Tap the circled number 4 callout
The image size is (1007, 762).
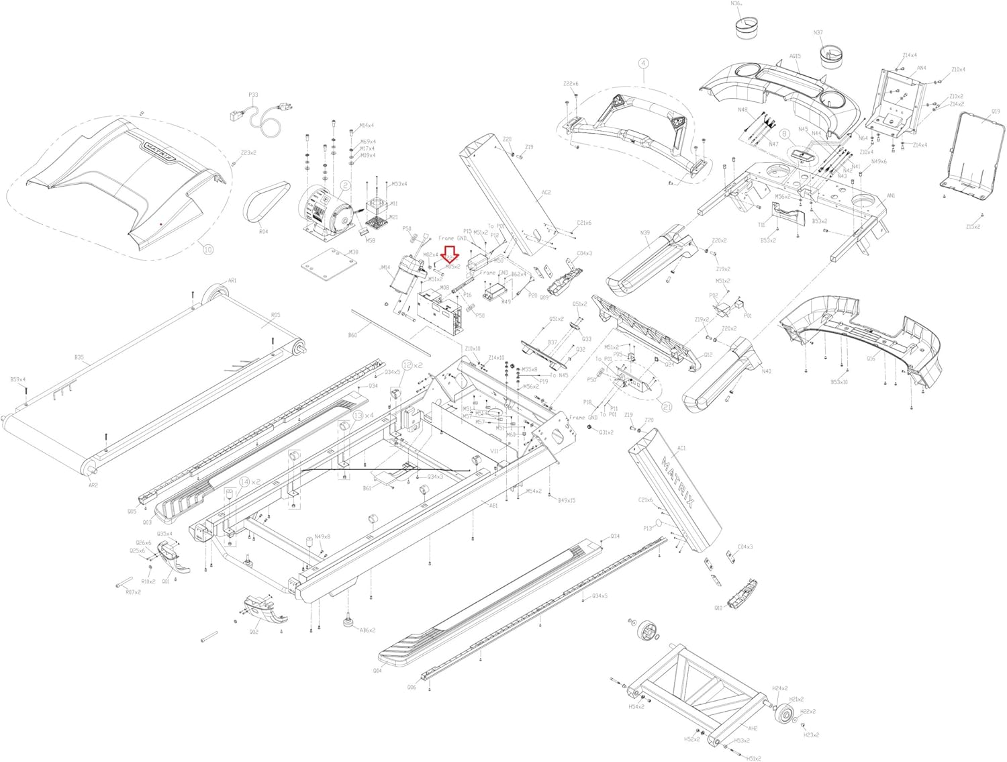click(643, 64)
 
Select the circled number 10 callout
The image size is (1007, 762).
click(208, 250)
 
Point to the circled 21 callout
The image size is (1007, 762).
click(667, 407)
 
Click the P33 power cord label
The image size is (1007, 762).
click(253, 95)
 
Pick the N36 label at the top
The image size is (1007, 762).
click(736, 4)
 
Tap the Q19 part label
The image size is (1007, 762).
click(995, 111)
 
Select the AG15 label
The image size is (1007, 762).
click(795, 56)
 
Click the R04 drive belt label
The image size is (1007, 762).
click(263, 232)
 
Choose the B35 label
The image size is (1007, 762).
click(79, 358)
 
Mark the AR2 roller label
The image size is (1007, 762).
click(93, 485)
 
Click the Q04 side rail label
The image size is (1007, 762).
click(377, 671)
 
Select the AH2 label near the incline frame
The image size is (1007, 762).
click(753, 728)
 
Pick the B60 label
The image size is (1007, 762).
click(352, 336)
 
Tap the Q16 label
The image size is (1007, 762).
click(871, 359)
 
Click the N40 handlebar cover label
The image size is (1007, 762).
click(766, 372)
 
